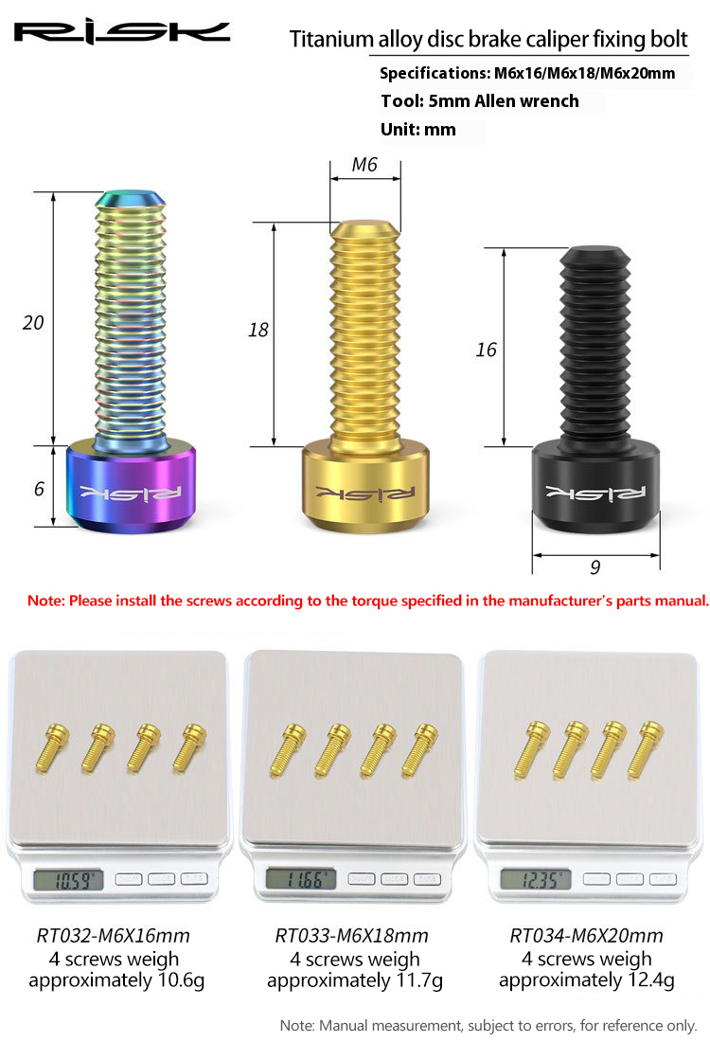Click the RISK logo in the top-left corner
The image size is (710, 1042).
[x=122, y=32]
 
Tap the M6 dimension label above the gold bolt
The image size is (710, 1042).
[x=364, y=164]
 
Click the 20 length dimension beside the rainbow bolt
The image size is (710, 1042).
[x=33, y=323]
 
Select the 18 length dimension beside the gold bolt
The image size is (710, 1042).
[x=258, y=330]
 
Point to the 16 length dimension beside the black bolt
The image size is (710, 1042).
[x=487, y=350]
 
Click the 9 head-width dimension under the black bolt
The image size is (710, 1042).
[x=595, y=566]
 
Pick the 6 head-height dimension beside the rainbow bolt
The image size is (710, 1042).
[x=39, y=489]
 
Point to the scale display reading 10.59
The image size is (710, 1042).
[x=68, y=881]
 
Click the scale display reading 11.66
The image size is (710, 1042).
[x=301, y=880]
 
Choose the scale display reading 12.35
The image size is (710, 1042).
[x=536, y=880]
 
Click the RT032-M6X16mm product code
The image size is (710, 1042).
[x=113, y=936]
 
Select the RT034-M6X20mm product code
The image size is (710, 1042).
[x=587, y=936]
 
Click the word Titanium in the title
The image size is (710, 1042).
[x=331, y=39]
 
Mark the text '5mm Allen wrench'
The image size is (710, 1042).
[x=504, y=101]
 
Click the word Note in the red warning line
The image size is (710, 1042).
[x=44, y=601]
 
